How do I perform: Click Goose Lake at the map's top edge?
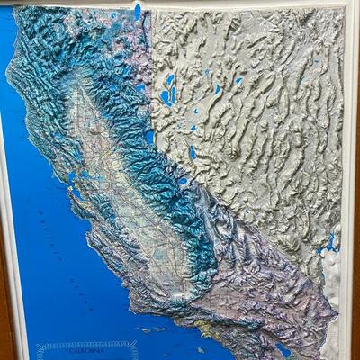click(x=138, y=12)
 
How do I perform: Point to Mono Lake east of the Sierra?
click(x=192, y=151)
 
